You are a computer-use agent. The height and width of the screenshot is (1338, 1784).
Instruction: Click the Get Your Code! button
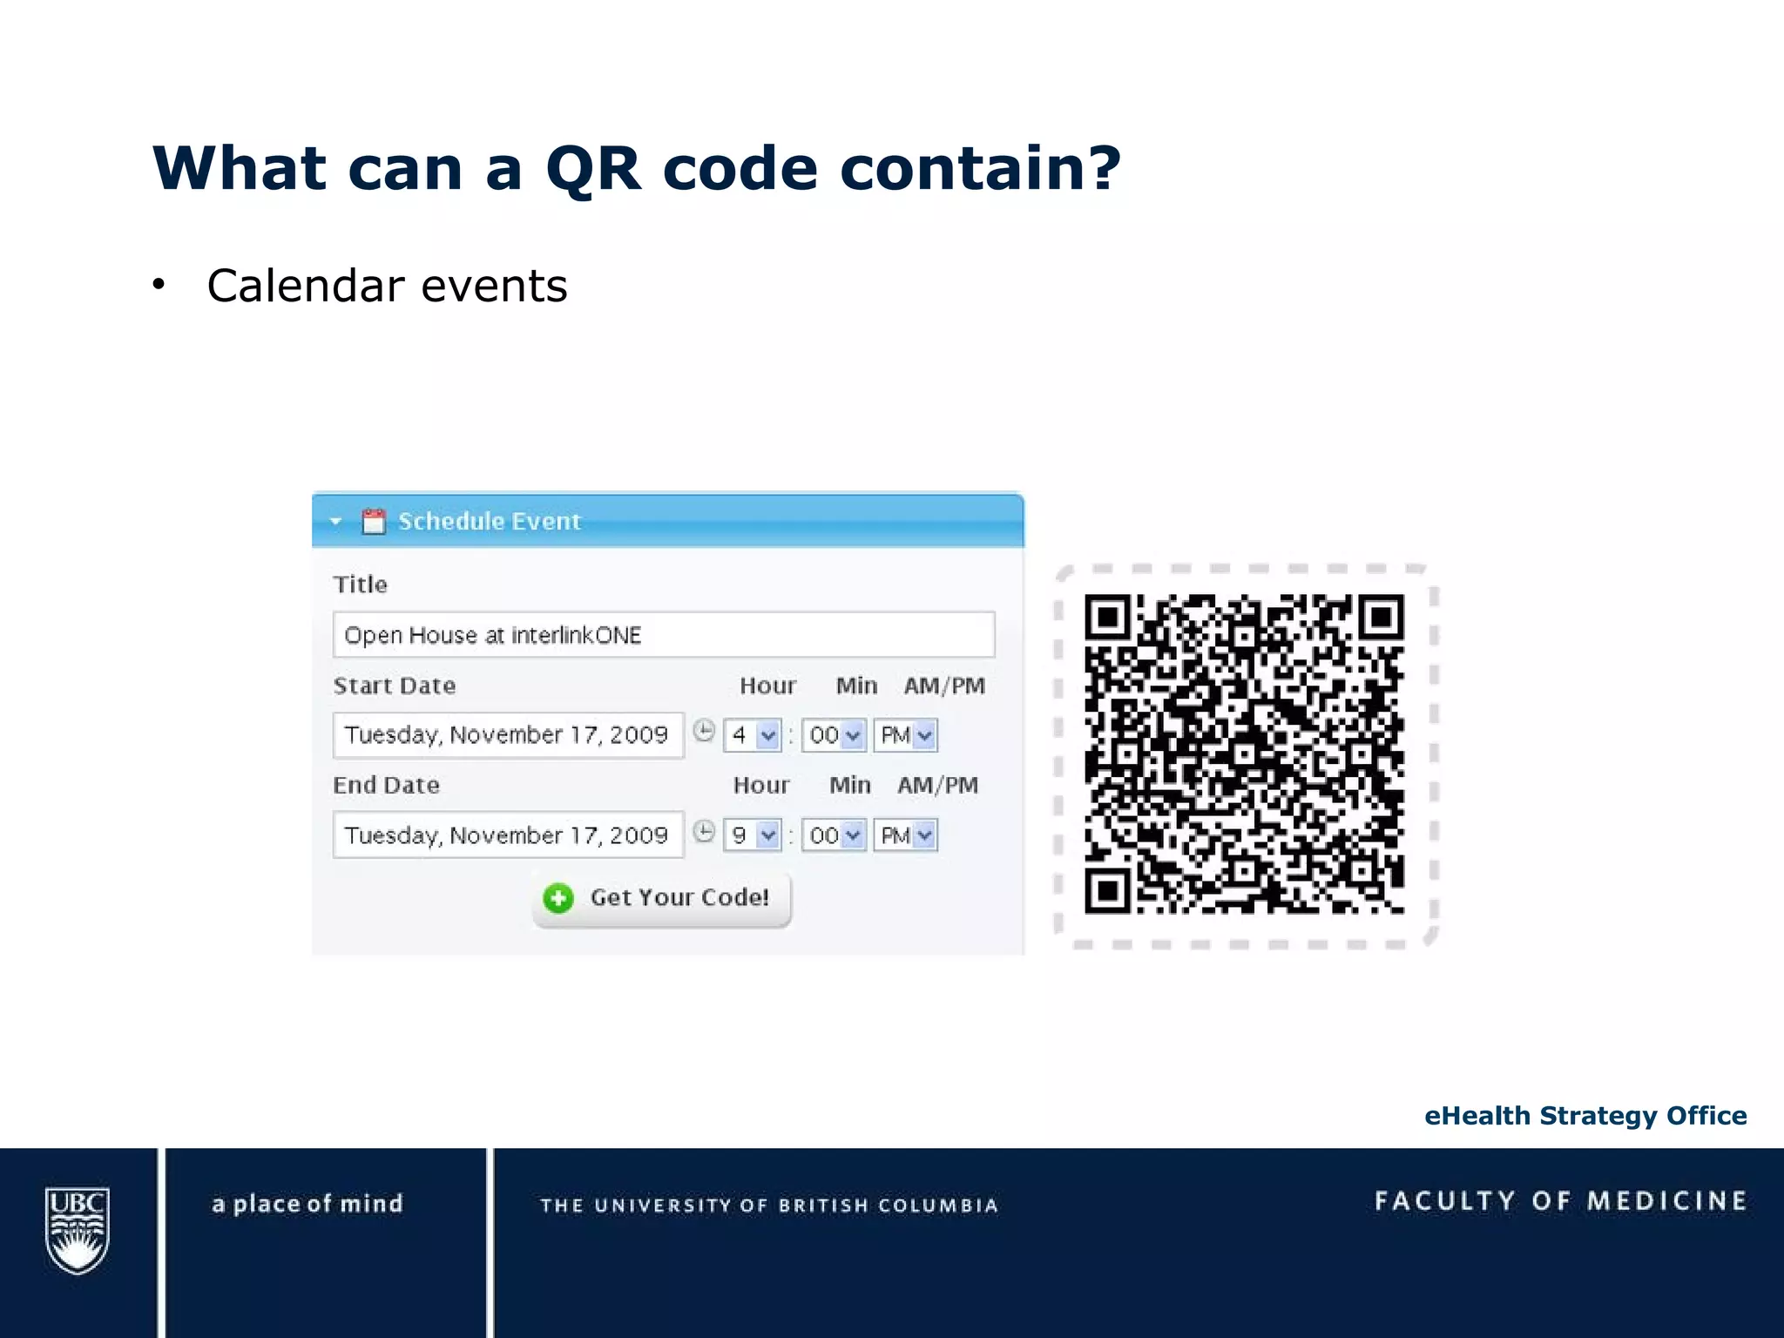(662, 898)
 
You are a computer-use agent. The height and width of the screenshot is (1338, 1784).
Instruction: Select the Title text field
(663, 635)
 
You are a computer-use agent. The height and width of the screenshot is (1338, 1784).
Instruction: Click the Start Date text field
(508, 735)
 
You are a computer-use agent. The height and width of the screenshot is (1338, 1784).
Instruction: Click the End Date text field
(508, 835)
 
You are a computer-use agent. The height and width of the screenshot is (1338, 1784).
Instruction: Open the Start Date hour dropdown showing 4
(752, 735)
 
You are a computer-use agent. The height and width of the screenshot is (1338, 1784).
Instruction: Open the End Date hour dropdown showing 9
(752, 835)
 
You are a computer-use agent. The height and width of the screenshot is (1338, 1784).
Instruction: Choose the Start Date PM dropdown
(906, 735)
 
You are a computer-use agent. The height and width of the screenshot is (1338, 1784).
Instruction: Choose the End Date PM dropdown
(906, 835)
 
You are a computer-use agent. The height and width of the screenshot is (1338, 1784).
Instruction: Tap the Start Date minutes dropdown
(834, 735)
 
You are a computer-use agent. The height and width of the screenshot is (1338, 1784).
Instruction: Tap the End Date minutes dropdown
(834, 835)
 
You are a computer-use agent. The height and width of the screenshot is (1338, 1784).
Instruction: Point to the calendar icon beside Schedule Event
(374, 521)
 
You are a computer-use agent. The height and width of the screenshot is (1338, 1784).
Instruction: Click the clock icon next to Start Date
(704, 731)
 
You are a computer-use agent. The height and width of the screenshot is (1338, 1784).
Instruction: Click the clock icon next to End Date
(704, 832)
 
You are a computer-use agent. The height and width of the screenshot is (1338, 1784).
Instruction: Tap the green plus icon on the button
(558, 898)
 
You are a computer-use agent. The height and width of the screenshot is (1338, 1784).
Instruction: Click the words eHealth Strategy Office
(1585, 1116)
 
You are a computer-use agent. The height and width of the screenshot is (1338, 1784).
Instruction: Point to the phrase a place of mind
(307, 1204)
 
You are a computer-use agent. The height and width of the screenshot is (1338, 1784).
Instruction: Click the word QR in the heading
(593, 168)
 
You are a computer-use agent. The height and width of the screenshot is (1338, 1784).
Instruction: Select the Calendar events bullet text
(387, 286)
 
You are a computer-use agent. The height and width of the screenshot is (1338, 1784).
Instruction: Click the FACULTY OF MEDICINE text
(1561, 1201)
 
